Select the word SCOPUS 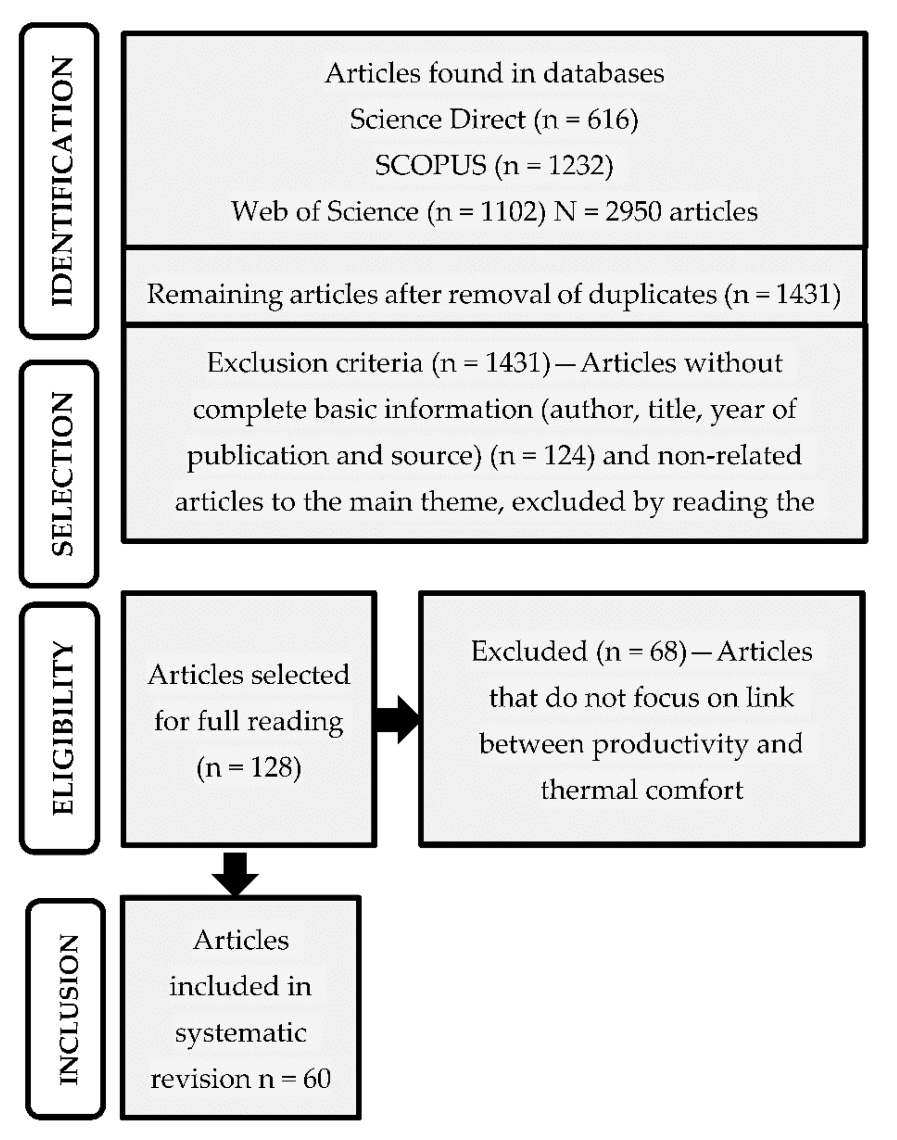(x=430, y=166)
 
